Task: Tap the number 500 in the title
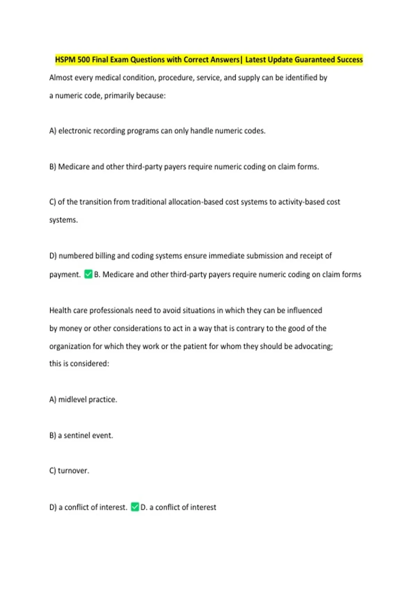point(84,60)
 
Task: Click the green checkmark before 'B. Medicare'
point(88,274)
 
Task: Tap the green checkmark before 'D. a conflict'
point(135,507)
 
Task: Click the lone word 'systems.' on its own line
point(63,220)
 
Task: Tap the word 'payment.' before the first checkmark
point(65,275)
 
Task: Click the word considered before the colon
point(90,363)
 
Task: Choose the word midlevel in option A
point(71,399)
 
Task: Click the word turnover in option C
point(73,471)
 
